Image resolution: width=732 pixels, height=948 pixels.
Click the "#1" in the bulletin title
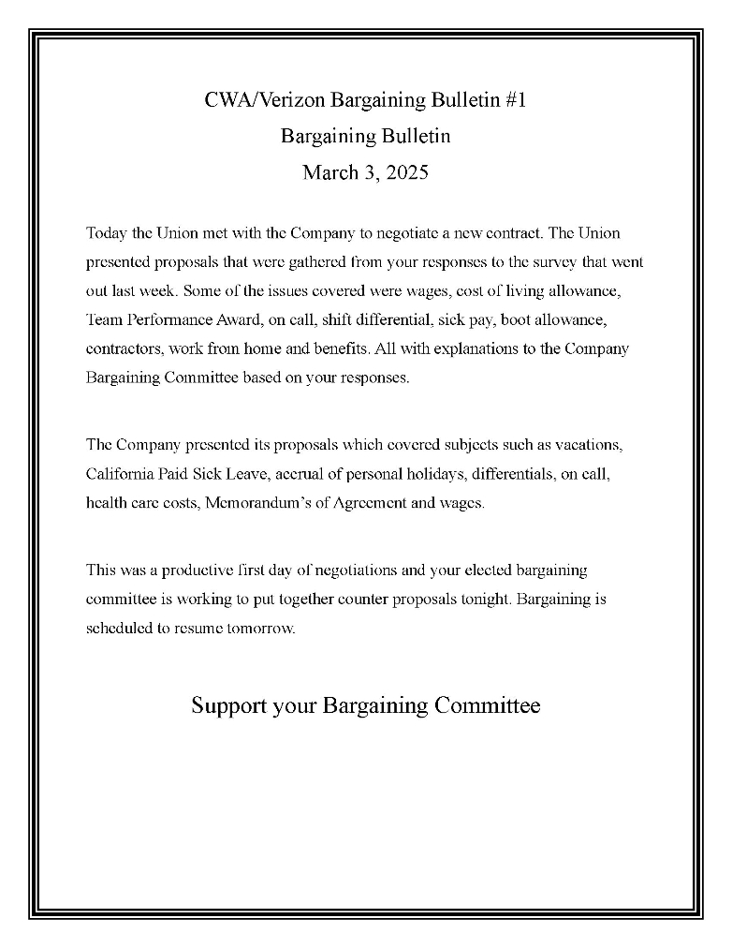pyautogui.click(x=515, y=100)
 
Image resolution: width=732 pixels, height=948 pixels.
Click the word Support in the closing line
pyautogui.click(x=229, y=705)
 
